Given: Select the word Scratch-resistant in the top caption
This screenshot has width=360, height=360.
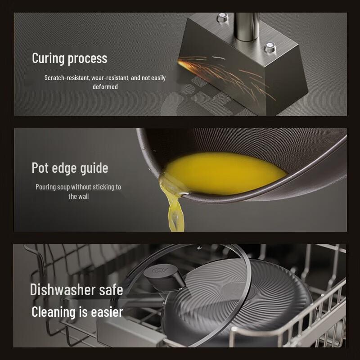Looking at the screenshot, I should coord(67,78).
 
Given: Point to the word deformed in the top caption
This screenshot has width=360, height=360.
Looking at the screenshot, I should coord(105,86).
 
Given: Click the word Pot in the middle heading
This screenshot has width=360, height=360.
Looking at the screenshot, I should coord(41,168).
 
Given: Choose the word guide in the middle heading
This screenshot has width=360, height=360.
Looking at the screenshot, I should coord(93,168).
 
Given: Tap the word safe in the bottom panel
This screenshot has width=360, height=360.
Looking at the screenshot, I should coord(112,289).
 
